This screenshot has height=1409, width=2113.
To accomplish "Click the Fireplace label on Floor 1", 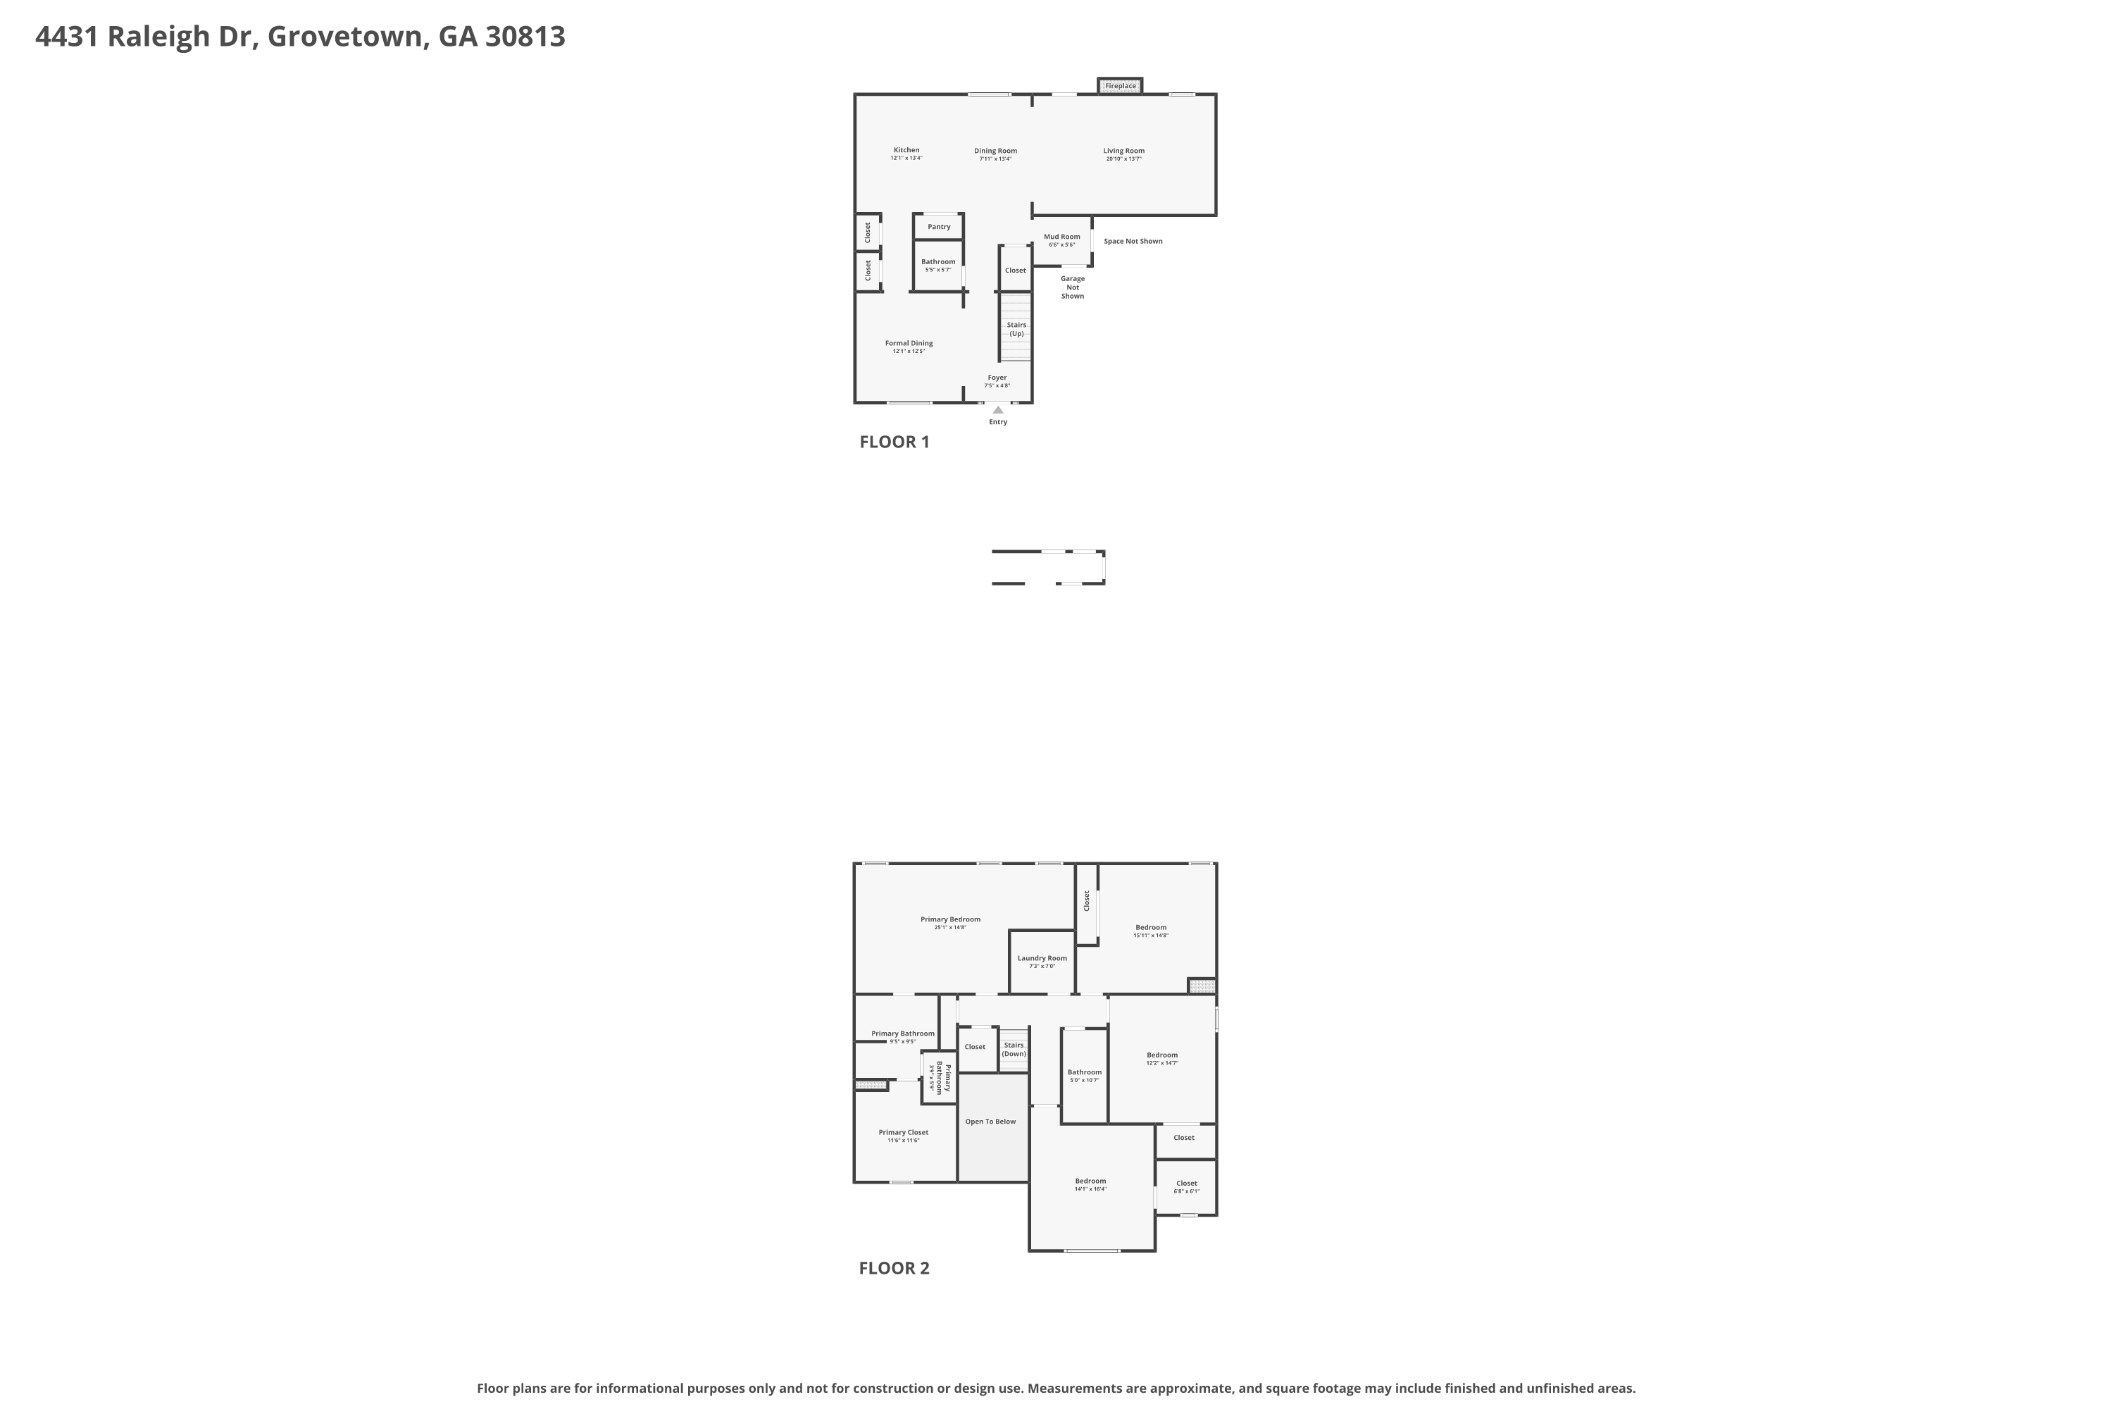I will (1121, 86).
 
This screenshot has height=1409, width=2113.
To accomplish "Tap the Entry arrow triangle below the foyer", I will (997, 410).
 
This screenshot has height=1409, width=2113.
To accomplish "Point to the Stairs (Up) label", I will (1016, 330).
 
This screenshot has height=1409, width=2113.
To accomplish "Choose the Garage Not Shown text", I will (1073, 287).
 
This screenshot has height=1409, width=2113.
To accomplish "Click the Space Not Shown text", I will (1133, 242).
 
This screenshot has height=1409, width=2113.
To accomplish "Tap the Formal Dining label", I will (909, 343).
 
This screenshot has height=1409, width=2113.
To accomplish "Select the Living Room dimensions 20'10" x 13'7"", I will (1124, 159).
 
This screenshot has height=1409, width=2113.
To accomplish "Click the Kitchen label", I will (906, 150).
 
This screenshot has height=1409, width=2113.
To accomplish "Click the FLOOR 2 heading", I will (894, 1268).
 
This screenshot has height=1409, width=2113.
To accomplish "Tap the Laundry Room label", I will (1042, 958).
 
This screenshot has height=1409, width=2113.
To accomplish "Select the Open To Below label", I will (990, 1122).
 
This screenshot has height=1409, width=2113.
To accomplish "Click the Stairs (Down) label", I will (1014, 1050).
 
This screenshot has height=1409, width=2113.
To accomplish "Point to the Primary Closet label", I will (903, 1132).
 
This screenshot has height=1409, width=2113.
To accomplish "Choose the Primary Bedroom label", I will (949, 919).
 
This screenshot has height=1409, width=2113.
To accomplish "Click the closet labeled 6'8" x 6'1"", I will (1186, 1187).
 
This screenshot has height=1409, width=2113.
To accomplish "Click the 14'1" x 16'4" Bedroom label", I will (1090, 1184).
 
